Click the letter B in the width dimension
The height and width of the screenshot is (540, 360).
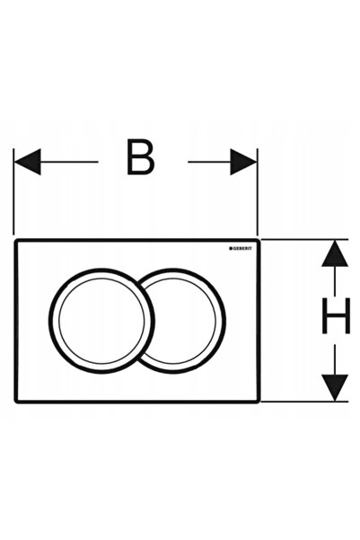tap(140, 157)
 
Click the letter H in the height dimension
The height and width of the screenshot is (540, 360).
tap(336, 315)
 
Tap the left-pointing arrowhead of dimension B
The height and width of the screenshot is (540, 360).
tap(28, 162)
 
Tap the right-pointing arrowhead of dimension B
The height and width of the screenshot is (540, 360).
tap(243, 162)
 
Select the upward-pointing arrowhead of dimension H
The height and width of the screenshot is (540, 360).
tap(335, 253)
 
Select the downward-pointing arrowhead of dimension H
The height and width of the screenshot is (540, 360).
tap(335, 388)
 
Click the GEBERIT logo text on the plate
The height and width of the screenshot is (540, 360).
tap(242, 248)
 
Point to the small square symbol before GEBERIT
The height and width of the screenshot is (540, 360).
tap(231, 248)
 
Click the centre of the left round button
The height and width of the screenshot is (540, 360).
tap(101, 321)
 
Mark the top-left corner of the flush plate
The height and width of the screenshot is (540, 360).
tap(14, 239)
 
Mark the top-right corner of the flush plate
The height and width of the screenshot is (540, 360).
tap(259, 239)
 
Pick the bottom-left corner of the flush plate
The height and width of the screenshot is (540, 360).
tap(14, 402)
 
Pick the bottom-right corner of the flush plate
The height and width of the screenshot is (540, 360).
tap(259, 402)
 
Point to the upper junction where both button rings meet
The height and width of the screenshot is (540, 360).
tap(138, 283)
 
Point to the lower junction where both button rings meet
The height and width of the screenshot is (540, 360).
tap(138, 359)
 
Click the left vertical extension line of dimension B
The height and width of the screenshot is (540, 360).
tap(13, 191)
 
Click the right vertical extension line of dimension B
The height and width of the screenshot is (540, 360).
tap(258, 191)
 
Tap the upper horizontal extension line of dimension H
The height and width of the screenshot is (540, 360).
tap(304, 239)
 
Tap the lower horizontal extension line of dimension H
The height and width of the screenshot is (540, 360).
tap(304, 402)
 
